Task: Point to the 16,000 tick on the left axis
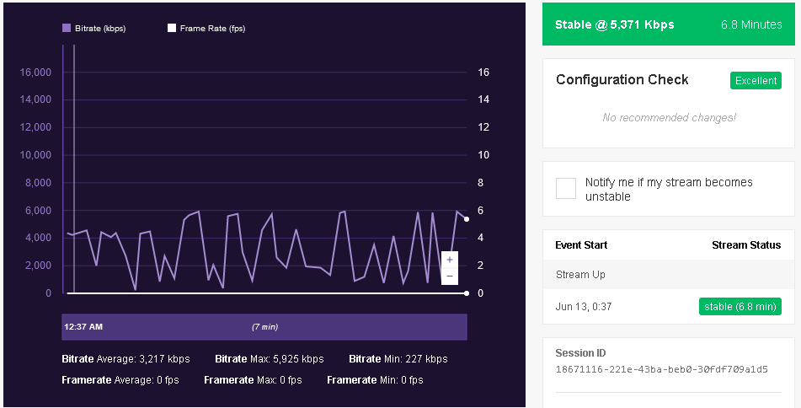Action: (35, 72)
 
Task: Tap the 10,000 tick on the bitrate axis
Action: (35, 155)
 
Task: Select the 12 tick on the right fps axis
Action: (483, 127)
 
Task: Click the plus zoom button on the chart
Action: (450, 260)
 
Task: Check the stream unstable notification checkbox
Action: (566, 189)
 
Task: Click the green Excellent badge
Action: (756, 81)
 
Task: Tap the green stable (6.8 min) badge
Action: (740, 307)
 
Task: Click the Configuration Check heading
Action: (622, 80)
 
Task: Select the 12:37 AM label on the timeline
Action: (83, 327)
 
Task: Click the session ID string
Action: (661, 370)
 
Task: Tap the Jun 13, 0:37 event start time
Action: (584, 307)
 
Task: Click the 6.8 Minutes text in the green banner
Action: (751, 24)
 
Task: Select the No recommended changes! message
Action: (669, 117)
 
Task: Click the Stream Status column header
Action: (746, 245)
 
